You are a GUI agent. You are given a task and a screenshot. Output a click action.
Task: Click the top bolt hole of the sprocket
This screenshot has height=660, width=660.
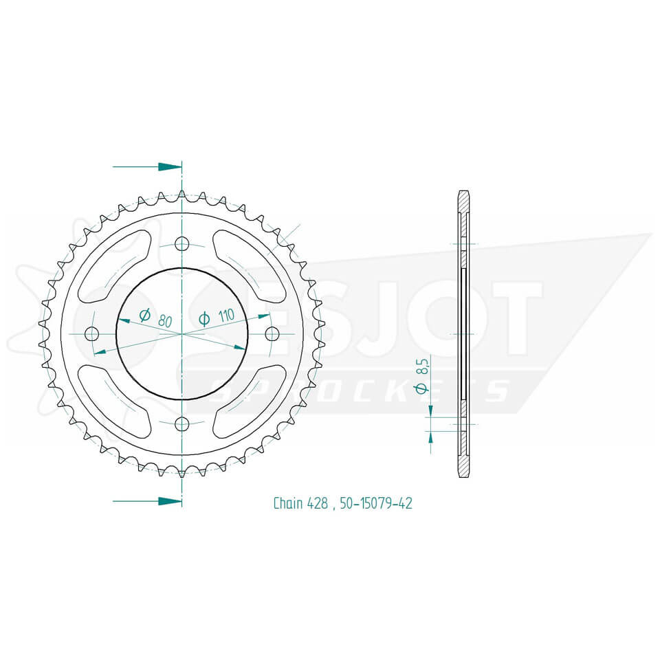181,243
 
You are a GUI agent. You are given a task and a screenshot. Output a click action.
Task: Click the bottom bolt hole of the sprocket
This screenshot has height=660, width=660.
181,423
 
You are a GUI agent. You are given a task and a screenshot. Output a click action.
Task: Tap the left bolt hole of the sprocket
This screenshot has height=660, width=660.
91,333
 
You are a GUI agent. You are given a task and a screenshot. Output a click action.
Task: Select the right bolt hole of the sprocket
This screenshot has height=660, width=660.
272,333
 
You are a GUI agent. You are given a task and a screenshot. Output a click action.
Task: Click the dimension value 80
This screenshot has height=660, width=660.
164,320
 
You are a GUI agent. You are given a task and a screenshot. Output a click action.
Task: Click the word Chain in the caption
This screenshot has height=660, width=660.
287,503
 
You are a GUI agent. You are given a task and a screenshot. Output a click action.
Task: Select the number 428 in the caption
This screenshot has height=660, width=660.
319,503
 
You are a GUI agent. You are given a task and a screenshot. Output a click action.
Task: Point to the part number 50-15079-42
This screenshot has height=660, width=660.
375,503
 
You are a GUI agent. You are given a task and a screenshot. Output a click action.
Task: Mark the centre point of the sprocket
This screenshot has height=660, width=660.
181,333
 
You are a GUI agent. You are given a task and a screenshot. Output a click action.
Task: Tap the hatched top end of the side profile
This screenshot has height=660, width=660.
463,201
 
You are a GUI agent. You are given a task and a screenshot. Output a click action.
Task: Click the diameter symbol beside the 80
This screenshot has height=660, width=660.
144,316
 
